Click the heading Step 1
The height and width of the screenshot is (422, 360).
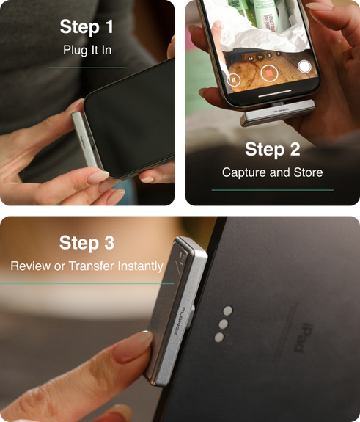87,26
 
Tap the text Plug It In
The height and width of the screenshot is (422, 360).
87,50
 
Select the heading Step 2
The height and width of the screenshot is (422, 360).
272,149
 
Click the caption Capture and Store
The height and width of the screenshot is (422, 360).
272,172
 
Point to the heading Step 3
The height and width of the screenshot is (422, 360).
87,242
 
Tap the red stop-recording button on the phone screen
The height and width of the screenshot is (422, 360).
269,73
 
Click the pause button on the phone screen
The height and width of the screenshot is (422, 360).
233,80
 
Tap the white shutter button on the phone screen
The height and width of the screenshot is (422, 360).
304,67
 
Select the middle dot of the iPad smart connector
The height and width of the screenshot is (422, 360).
224,324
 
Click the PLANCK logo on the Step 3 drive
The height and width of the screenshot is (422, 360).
179,321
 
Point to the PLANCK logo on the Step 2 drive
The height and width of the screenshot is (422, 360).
281,110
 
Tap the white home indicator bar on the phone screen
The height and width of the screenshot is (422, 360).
274,93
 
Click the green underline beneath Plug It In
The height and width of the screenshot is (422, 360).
87,68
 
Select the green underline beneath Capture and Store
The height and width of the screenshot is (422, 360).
272,190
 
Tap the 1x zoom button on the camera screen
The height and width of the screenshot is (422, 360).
260,57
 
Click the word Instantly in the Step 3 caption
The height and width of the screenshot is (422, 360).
140,266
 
